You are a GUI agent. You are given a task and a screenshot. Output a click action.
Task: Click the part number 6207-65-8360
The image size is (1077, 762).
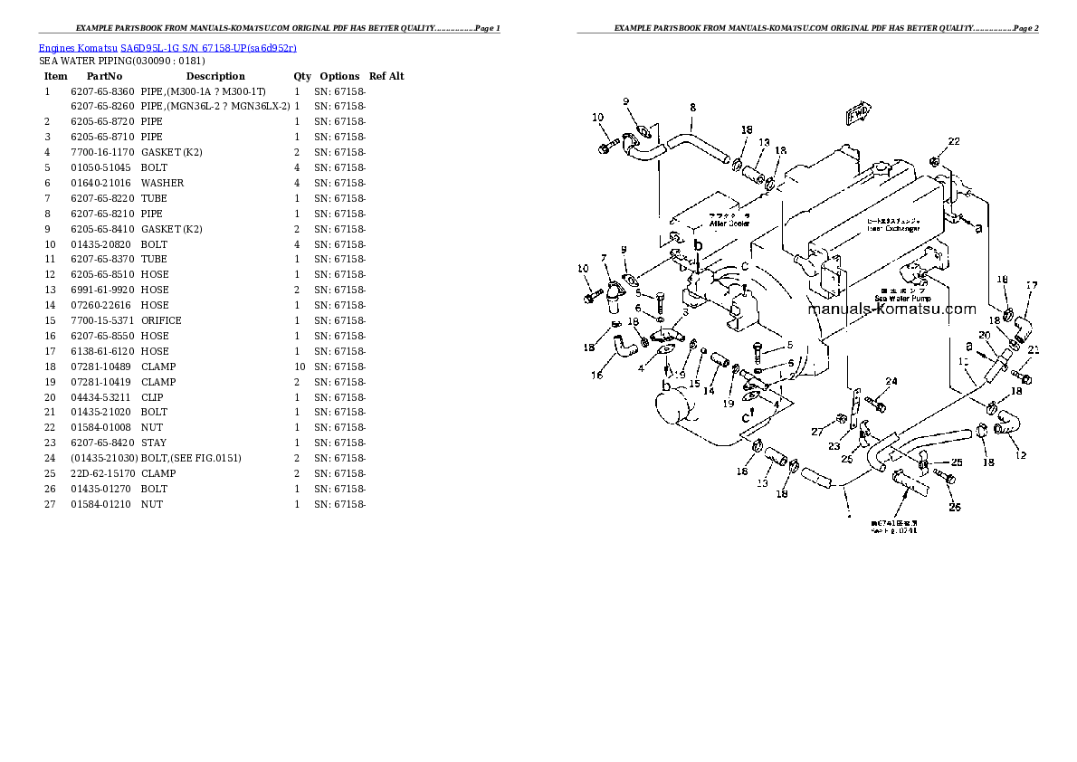pos(101,91)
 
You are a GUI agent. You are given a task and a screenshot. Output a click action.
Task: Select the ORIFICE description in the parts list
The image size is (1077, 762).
pos(161,320)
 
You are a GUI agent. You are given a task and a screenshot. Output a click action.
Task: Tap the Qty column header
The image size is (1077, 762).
pos(302,76)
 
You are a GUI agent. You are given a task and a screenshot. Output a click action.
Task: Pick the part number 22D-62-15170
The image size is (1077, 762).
pos(101,473)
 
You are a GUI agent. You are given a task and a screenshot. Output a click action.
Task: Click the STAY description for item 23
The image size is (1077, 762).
pos(153,443)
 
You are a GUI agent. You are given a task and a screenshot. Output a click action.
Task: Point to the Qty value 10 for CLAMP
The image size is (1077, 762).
pos(297,367)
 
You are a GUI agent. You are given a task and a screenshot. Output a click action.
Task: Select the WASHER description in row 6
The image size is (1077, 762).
pos(162,183)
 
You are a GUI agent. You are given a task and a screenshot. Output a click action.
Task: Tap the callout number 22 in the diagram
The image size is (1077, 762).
pos(954,141)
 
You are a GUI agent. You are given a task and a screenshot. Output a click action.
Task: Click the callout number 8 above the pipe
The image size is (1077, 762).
pos(692,108)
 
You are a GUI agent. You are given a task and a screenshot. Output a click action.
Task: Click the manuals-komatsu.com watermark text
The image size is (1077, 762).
pos(891,310)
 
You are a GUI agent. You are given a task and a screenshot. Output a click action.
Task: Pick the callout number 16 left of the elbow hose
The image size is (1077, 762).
pos(597,375)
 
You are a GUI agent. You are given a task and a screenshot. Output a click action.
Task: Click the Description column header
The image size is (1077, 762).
pos(215,76)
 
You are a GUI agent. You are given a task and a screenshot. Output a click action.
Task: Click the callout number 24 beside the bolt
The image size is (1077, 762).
pos(891,380)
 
